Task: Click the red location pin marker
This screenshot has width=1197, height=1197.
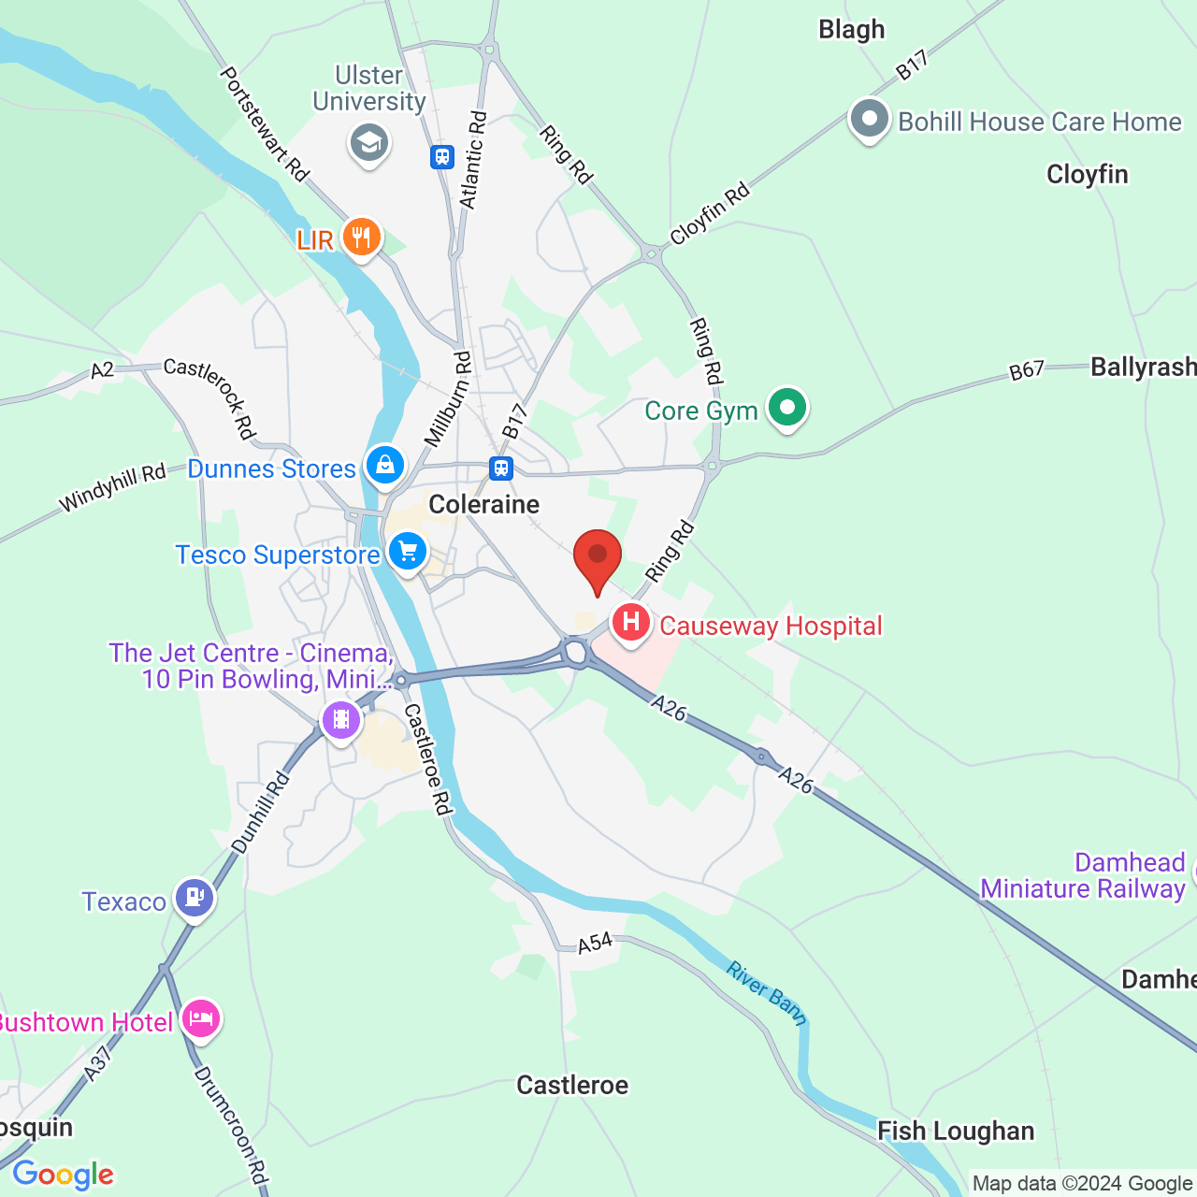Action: pos(597,558)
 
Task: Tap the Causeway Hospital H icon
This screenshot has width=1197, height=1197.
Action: pos(631,622)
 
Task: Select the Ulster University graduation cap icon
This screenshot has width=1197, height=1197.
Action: pos(369,143)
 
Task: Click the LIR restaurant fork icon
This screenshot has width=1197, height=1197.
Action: pos(361,237)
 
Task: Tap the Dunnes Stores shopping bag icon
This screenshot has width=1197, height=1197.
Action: pos(384,465)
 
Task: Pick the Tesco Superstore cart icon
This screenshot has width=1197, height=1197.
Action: pos(408,552)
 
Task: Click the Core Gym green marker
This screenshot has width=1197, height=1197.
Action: pos(787,408)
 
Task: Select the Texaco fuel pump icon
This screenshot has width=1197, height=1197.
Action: pos(195,898)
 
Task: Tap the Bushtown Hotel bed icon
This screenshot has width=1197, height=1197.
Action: pos(201,1018)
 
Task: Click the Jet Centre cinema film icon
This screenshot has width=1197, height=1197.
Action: pos(341,720)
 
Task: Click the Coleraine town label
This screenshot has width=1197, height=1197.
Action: pos(483,505)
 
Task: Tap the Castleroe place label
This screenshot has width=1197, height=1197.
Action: pos(572,1085)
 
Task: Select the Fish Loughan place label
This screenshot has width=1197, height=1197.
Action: pos(955,1132)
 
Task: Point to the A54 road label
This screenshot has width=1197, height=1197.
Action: pos(595,943)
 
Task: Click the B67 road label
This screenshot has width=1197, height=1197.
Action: pos(1026,370)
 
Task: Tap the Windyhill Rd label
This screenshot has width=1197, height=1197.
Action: pos(112,488)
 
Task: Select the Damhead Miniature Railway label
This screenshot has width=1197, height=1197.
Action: pos(1083,875)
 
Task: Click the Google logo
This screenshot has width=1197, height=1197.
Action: pos(64,1175)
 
